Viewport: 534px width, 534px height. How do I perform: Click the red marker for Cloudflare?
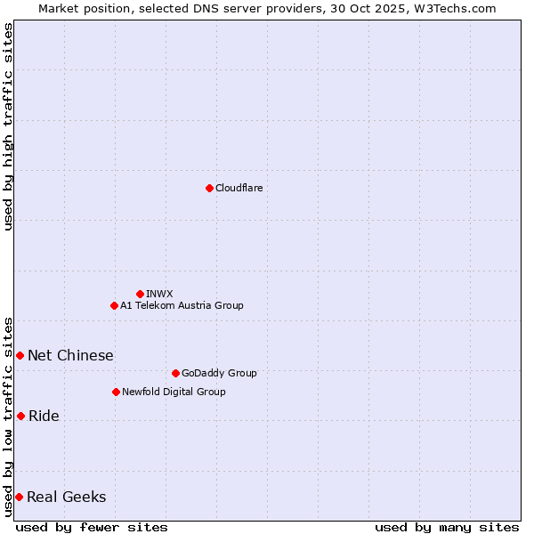coord(209,188)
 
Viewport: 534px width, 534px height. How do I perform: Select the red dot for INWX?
coord(140,294)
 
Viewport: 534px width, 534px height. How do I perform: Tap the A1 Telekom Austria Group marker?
coord(114,305)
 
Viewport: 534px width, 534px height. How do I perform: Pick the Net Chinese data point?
coord(20,355)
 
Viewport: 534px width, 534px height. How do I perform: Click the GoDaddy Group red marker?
coord(175,373)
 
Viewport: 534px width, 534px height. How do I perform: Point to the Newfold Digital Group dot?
coord(116,392)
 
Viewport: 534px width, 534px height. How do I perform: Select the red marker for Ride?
coord(20,416)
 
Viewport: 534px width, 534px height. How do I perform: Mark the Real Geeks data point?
coord(19,497)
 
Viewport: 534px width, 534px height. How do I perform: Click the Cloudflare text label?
coord(239,188)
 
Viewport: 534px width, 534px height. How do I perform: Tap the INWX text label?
coord(160,294)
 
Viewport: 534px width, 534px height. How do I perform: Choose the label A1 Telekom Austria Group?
coord(182,305)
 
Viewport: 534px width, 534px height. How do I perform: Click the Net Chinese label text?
coord(70,355)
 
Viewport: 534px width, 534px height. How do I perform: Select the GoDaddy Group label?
coord(219,373)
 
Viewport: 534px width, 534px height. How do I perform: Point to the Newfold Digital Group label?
coord(174,392)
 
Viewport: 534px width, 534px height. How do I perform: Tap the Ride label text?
coord(44,416)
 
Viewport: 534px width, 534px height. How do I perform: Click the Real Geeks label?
coord(66,497)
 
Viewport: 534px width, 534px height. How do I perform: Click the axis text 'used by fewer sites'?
coord(92,527)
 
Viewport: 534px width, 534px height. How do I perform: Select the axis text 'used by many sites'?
coord(447,527)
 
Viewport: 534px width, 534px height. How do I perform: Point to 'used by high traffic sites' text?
coord(8,126)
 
